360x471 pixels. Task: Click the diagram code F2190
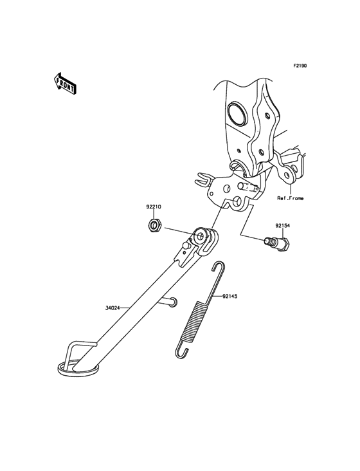coord(300,66)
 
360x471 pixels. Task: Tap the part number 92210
coord(154,207)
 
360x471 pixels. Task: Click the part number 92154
coord(282,225)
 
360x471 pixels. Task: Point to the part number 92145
coord(230,296)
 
